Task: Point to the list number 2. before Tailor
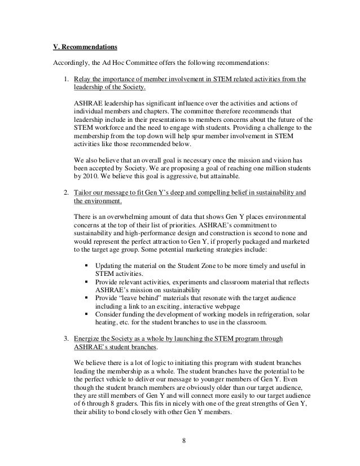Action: click(66, 192)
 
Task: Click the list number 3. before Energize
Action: click(66, 338)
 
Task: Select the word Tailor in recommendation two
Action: click(84, 192)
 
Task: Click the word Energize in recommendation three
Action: click(89, 338)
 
